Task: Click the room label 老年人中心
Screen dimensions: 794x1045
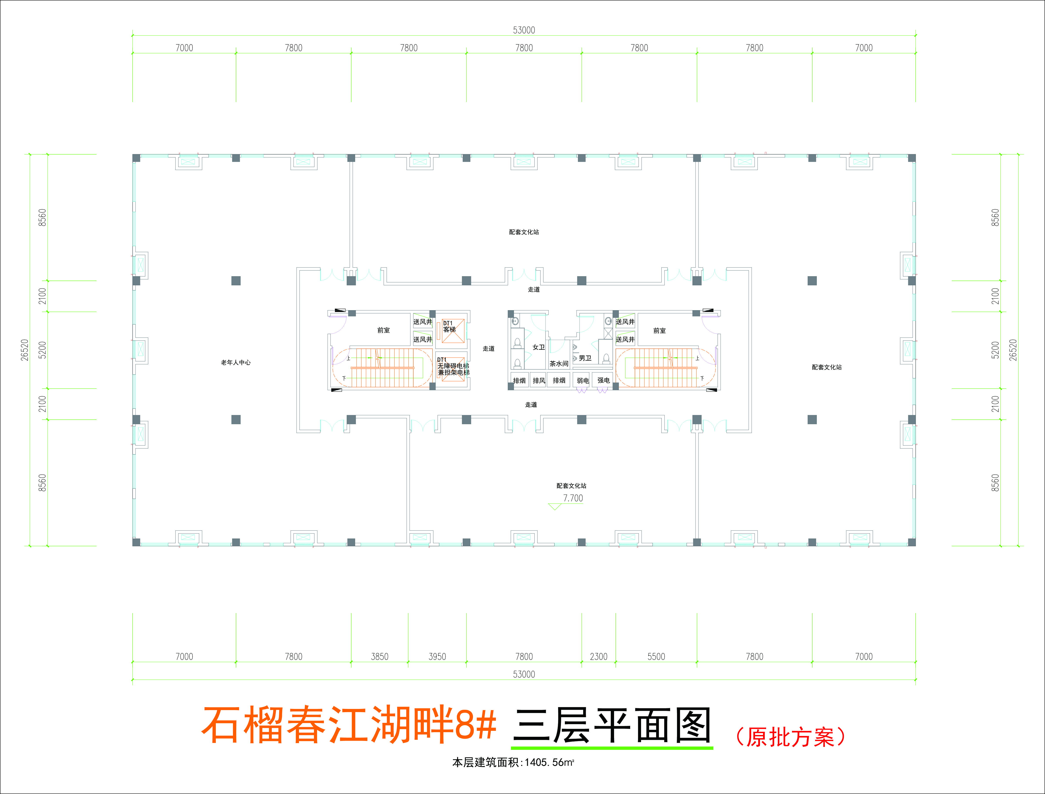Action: pos(235,362)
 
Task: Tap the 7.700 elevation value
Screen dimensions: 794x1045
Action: pos(573,498)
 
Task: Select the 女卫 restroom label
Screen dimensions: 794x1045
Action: pos(539,347)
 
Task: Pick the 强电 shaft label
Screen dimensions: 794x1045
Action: pos(603,380)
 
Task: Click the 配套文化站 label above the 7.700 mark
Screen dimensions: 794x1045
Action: pos(571,486)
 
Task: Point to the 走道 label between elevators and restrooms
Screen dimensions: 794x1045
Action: pos(488,349)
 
